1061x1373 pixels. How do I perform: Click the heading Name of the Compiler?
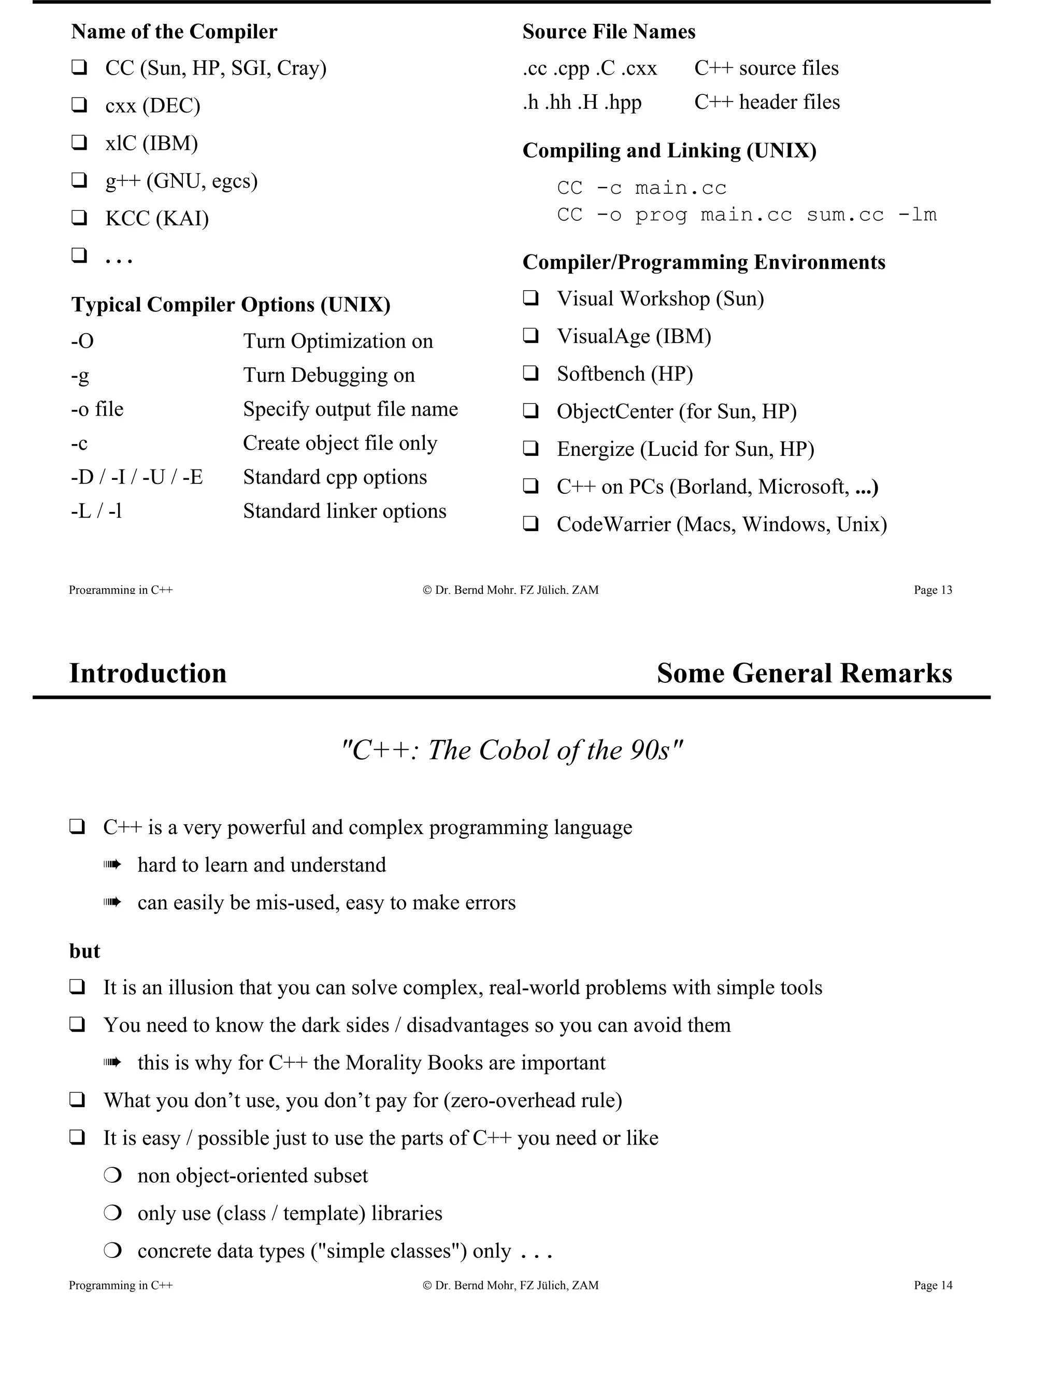pos(174,32)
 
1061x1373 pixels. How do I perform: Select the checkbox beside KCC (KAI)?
pos(79,218)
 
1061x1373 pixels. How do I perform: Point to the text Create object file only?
pos(339,443)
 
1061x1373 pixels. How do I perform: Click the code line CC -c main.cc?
pos(641,188)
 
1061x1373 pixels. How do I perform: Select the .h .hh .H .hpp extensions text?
pos(581,102)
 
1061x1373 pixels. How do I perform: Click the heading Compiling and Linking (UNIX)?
pos(669,151)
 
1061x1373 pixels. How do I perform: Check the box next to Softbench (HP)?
pos(530,374)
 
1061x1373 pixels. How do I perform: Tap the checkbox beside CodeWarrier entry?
pos(530,524)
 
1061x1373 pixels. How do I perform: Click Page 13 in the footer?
pos(932,590)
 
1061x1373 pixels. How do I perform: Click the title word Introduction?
pos(148,674)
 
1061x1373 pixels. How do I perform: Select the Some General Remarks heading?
pos(804,674)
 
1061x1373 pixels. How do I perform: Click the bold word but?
pos(84,951)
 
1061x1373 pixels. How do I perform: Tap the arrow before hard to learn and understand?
pos(111,866)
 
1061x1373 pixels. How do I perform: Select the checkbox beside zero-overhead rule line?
pos(77,1100)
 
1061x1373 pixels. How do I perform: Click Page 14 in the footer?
pos(932,1285)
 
